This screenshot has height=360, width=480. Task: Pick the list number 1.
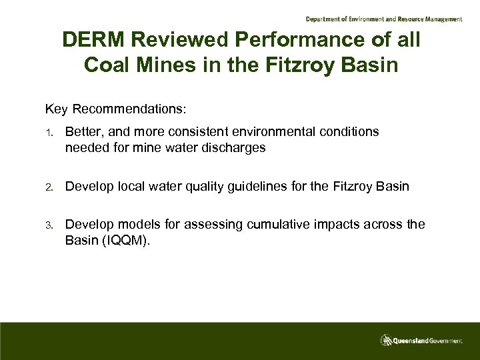tap(49, 133)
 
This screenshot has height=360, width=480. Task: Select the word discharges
tap(236, 147)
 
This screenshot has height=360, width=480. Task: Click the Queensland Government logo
tap(421, 339)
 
